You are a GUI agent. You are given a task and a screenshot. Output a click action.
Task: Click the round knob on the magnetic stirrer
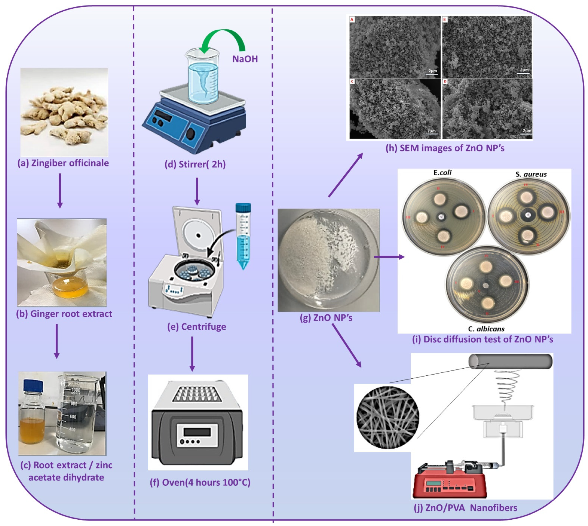191,134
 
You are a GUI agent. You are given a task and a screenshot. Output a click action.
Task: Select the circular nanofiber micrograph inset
388,418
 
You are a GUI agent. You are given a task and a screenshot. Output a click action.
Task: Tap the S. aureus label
531,174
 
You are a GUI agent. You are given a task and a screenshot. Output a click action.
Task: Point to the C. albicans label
486,329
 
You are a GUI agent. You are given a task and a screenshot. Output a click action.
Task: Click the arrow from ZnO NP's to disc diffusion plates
389,257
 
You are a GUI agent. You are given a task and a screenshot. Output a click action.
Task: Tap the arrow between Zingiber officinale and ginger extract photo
60,191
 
